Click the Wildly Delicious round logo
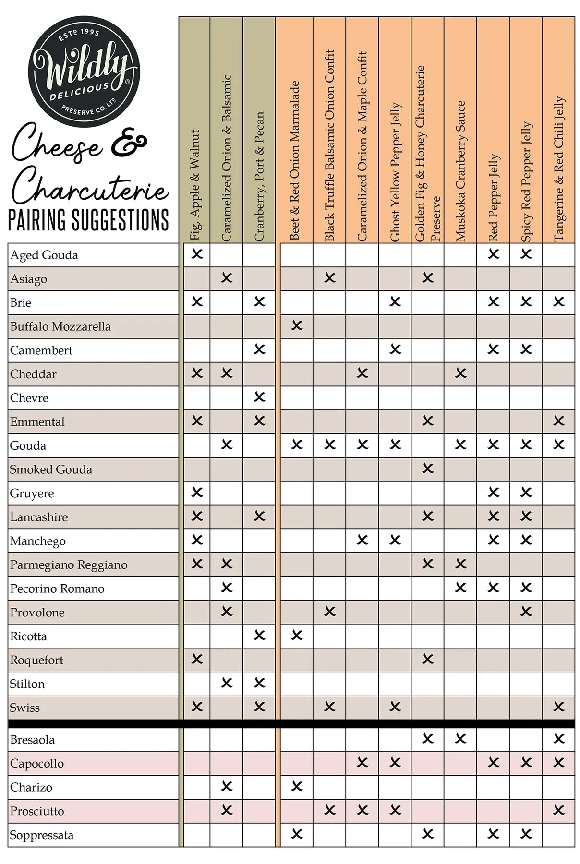[85, 72]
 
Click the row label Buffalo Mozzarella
[60, 326]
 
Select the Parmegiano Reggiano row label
[69, 564]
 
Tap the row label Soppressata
[42, 835]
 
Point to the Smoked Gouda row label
[51, 469]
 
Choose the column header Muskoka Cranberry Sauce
[460, 170]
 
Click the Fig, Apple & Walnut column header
[194, 185]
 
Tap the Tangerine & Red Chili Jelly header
[559, 168]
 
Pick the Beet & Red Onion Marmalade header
[294, 161]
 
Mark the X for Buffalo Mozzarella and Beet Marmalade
[297, 325]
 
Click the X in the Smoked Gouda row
[428, 468]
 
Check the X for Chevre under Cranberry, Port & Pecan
[259, 397]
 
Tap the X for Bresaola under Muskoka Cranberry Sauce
[460, 739]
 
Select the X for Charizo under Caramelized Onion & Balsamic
[227, 786]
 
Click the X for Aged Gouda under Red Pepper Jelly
[493, 254]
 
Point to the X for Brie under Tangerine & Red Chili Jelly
[559, 301]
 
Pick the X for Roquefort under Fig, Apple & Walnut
[197, 659]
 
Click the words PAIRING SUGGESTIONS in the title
[89, 220]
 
